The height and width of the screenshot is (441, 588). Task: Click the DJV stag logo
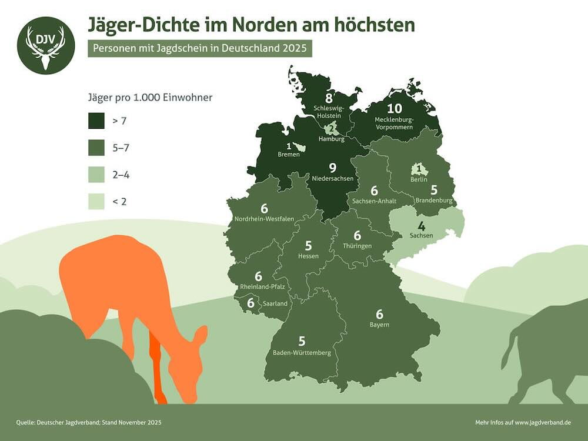pos(46,45)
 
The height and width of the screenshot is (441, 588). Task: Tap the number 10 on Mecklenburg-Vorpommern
pos(394,109)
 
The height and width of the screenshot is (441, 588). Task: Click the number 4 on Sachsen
pos(421,226)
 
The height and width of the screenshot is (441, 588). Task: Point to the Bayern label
pos(379,325)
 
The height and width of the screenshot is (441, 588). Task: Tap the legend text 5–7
pos(120,148)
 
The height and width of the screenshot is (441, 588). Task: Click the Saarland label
pos(275,303)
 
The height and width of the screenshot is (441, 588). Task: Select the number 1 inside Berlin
pos(419,170)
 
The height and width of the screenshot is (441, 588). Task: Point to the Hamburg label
pos(331,139)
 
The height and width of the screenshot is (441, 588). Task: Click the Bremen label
pos(289,155)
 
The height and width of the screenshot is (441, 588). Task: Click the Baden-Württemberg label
pos(302,353)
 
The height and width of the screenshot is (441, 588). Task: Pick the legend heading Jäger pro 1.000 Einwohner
pos(149,98)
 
